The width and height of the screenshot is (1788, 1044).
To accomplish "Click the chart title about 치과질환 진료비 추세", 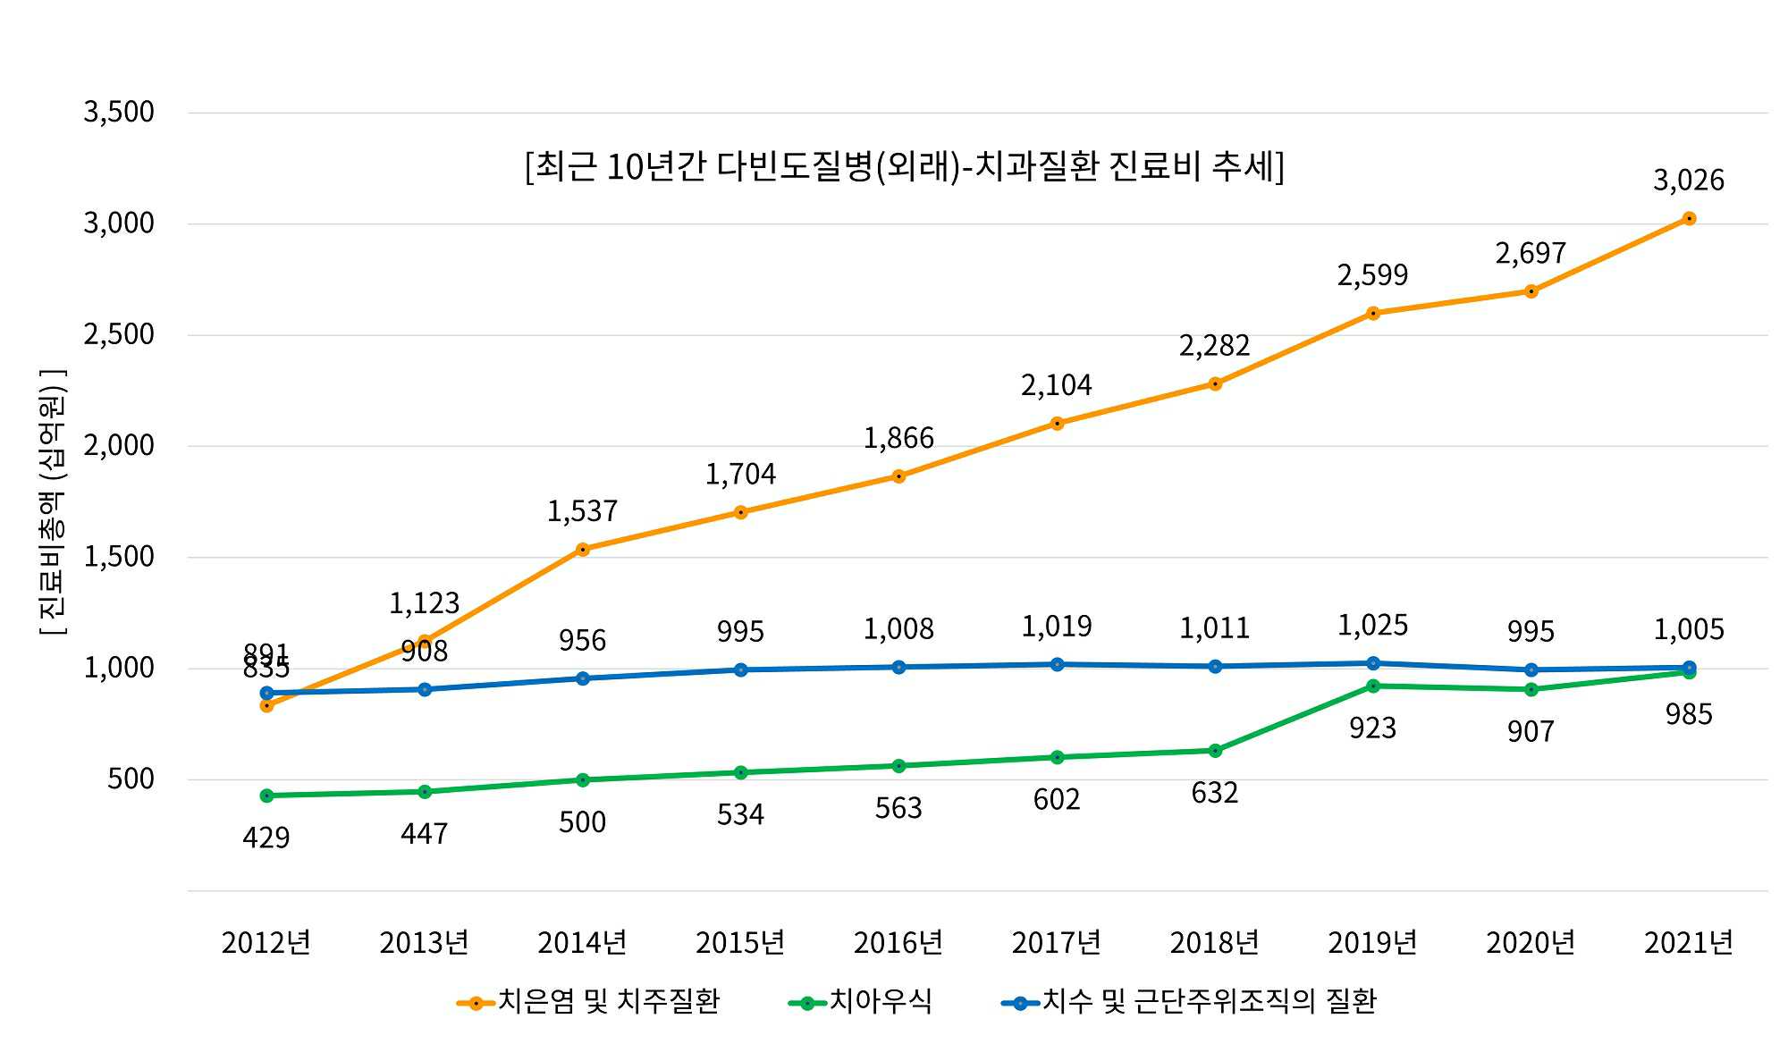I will coord(904,167).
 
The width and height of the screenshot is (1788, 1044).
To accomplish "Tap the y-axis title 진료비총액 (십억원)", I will coord(52,502).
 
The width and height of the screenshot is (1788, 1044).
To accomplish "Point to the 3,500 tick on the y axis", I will coord(119,113).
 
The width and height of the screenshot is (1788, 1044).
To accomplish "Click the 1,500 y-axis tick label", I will coord(119,557).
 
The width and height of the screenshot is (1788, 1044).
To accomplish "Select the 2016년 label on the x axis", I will coord(898,943).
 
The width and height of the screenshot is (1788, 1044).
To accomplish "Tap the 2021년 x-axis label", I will coord(1688,943).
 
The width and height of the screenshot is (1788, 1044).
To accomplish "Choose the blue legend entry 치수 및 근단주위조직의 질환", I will coord(1189,1002).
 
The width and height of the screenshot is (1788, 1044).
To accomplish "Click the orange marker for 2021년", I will coord(1689,219).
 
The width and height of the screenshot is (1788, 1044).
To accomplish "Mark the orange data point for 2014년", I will coord(583,550).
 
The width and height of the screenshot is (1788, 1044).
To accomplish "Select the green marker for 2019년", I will coord(1373,686).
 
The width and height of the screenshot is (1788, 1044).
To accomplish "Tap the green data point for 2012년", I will coord(266,796).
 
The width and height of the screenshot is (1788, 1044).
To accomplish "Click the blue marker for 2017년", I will coord(1057,664).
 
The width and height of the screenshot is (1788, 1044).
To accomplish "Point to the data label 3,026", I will coord(1688,181).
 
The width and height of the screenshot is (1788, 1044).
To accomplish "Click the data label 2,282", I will coord(1214,346).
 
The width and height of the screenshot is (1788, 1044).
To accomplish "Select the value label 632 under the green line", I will coord(1214,793).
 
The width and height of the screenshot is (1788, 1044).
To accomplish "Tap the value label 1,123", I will coord(424,603).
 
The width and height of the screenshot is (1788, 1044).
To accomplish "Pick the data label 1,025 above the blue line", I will coord(1372,626).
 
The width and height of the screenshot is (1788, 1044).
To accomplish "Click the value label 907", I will coord(1531,732).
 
